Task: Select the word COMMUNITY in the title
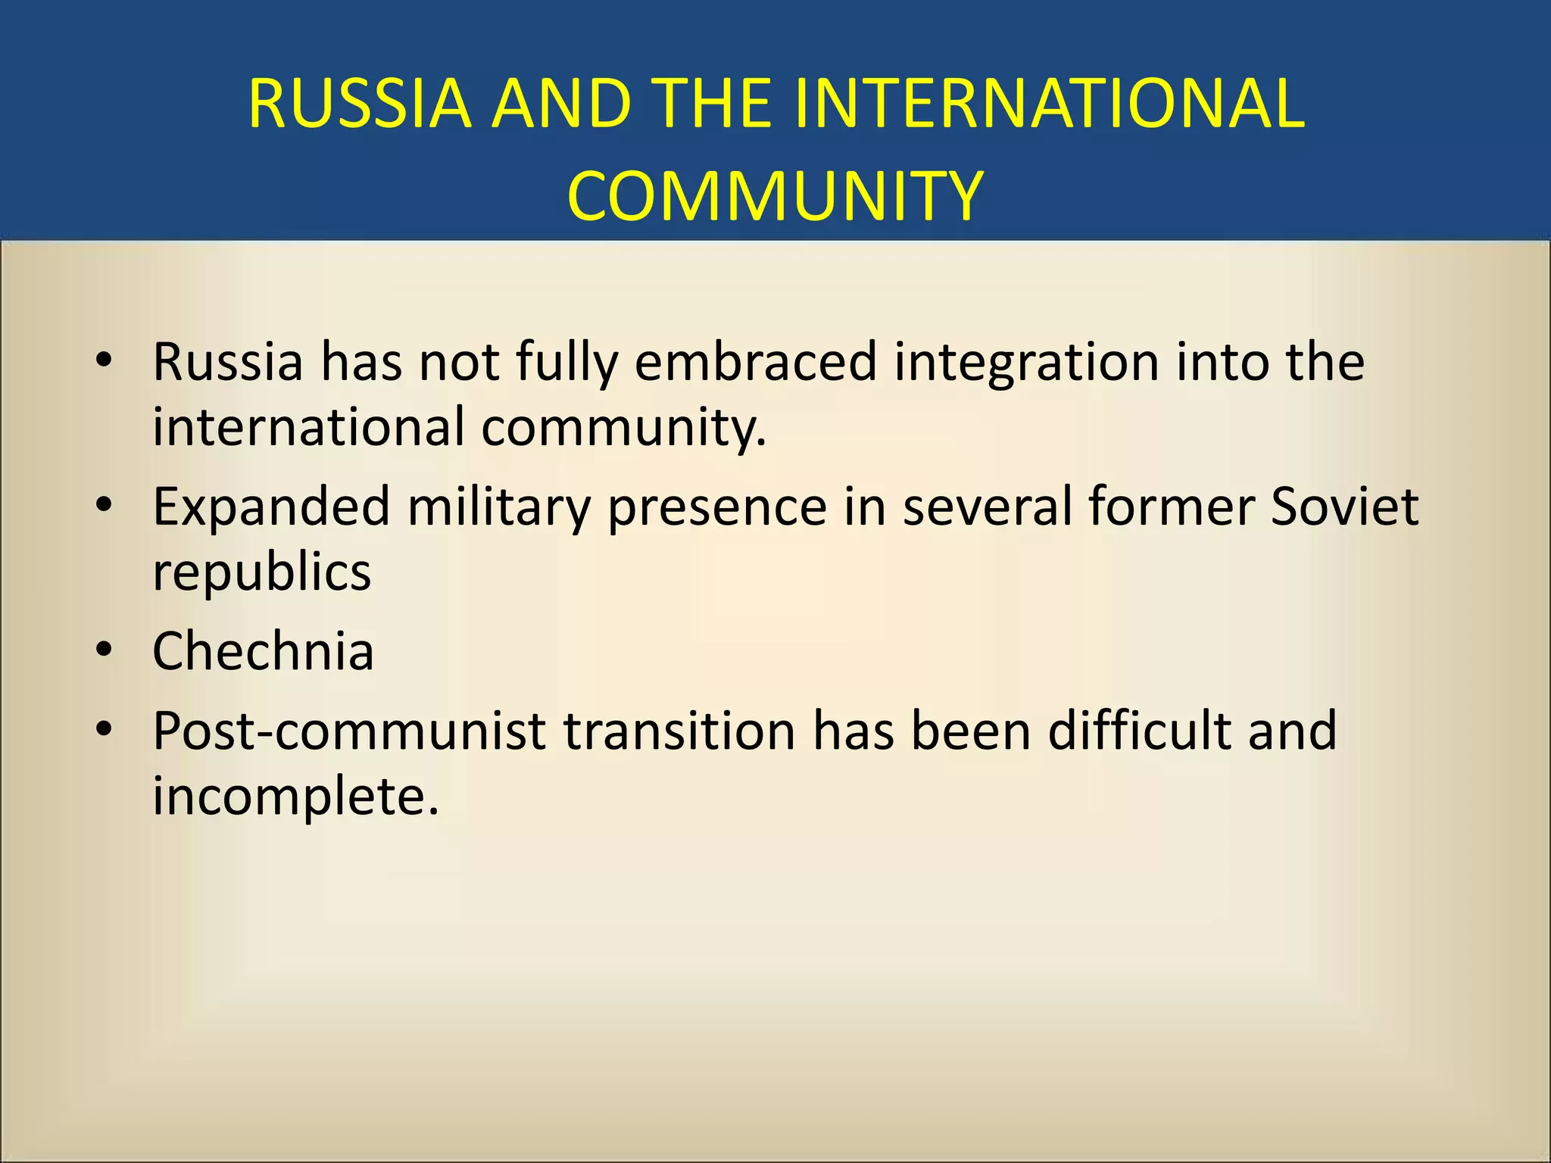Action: click(x=775, y=196)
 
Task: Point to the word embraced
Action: click(x=756, y=361)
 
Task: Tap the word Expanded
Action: click(x=271, y=507)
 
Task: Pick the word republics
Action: click(x=261, y=572)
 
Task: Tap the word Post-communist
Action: click(x=349, y=731)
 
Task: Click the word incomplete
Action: click(x=295, y=797)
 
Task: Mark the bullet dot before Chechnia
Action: click(x=105, y=650)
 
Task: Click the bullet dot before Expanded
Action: click(x=105, y=505)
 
